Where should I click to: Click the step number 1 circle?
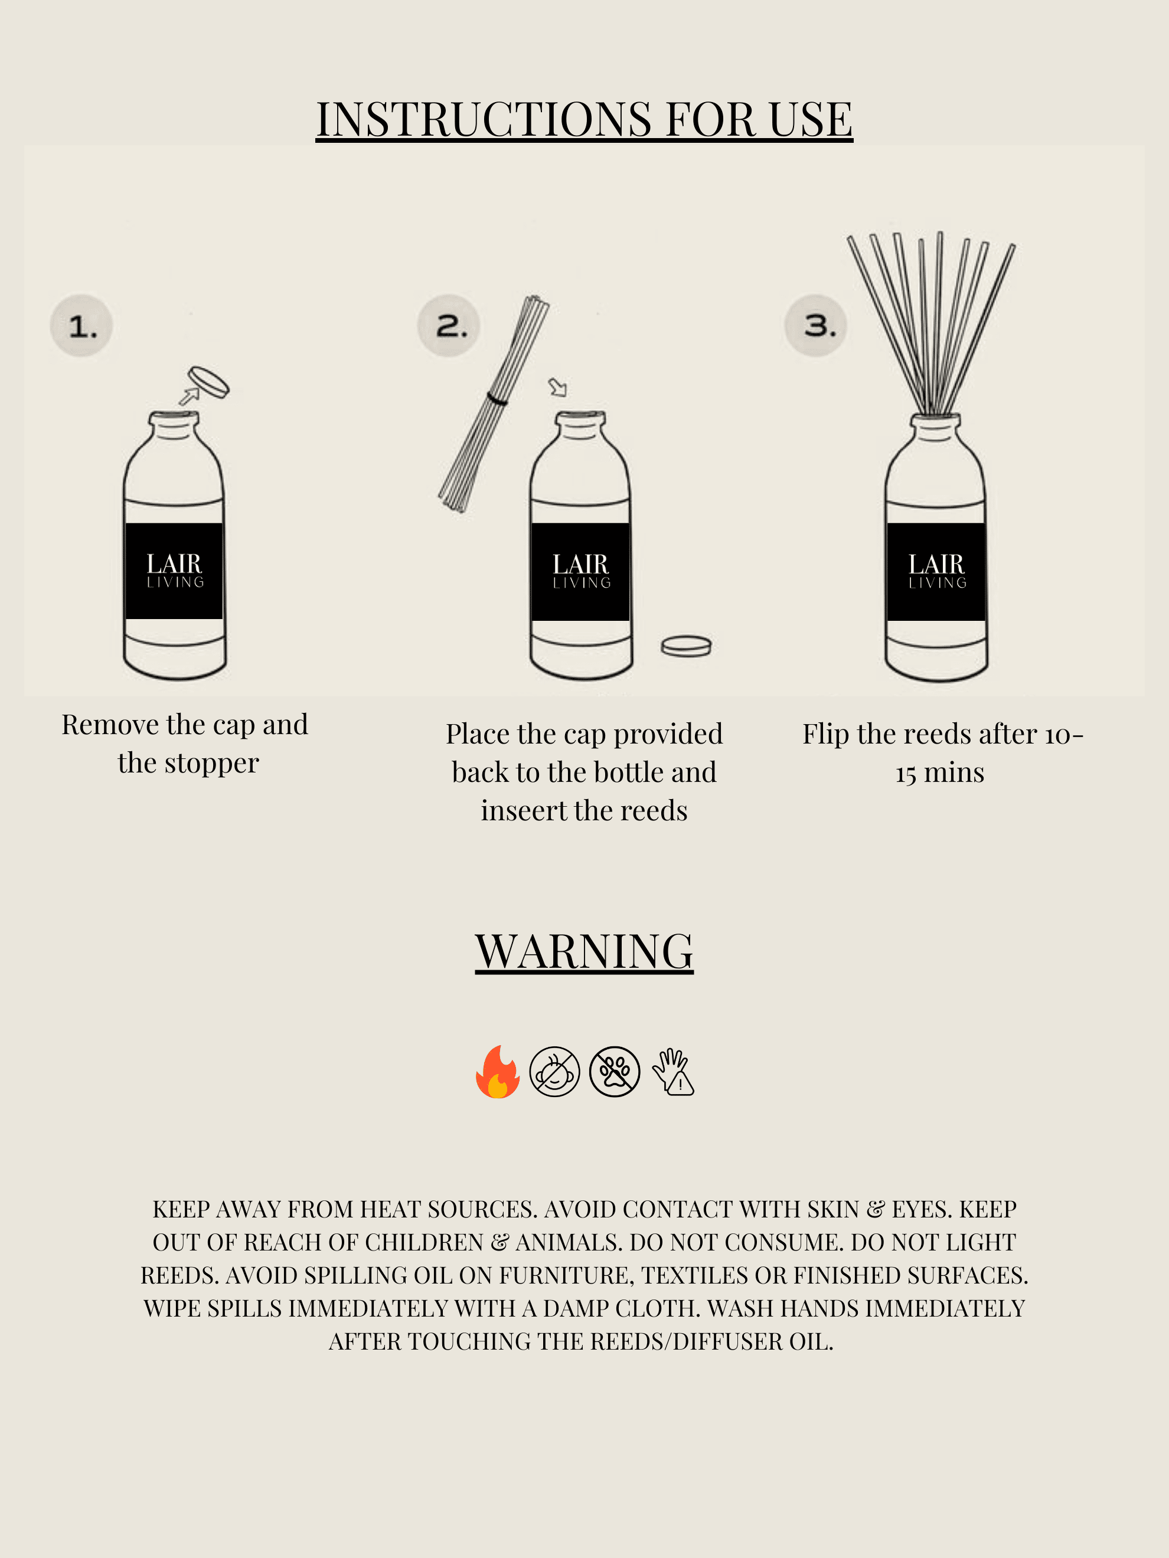81,326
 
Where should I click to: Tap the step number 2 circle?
449,326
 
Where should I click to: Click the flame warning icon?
498,1071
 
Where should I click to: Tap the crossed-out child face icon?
554,1071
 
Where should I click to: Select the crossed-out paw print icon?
615,1071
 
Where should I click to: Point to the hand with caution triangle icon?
673,1071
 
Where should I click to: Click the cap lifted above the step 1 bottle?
208,382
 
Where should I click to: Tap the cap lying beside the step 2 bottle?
685,646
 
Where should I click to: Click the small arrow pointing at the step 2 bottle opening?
557,387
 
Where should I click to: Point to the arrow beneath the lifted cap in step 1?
188,397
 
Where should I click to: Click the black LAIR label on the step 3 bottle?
936,571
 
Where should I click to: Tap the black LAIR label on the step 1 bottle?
174,571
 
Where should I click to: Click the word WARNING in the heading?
584,951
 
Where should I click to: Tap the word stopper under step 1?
211,764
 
